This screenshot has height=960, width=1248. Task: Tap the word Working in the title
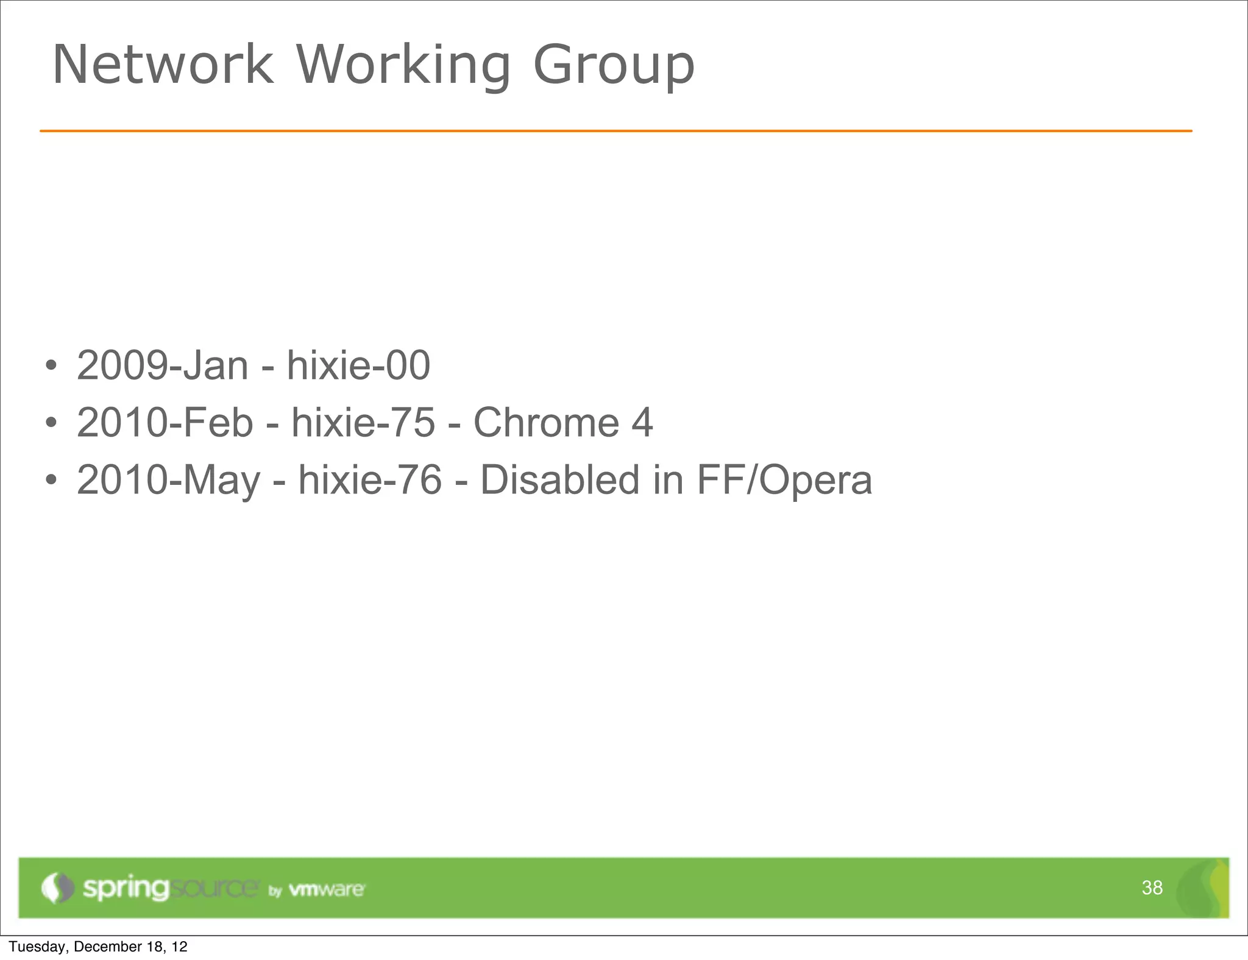pos(403,66)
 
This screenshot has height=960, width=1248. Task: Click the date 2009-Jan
pos(162,365)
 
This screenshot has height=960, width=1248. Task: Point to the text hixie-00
pos(358,365)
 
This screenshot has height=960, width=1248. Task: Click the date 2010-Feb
pos(165,423)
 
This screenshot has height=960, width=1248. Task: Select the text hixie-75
pos(363,423)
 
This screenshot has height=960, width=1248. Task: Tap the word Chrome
pos(546,423)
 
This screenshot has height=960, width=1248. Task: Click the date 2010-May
pos(169,481)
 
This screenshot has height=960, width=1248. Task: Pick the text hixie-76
pos(370,480)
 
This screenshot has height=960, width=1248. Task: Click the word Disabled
pos(560,480)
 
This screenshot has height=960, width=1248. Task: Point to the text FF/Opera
pos(784,481)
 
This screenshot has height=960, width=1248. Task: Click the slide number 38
pos(1152,888)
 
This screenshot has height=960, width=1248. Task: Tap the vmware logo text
pos(327,889)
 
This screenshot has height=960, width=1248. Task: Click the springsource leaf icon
pos(57,888)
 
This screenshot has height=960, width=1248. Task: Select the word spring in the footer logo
pos(126,889)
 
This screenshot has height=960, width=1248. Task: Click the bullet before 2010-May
pos(51,481)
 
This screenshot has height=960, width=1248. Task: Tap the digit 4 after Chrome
pos(642,423)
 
